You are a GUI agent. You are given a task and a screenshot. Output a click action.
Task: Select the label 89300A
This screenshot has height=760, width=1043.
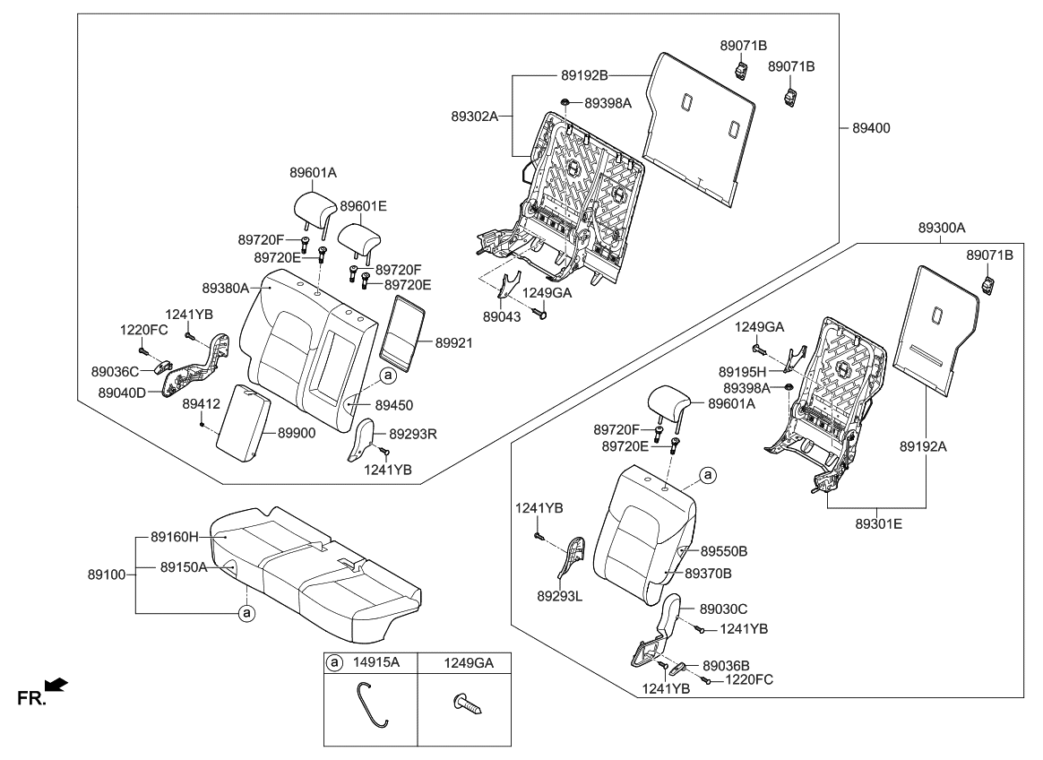click(x=942, y=229)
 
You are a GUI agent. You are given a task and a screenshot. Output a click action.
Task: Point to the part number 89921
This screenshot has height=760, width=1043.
click(x=455, y=343)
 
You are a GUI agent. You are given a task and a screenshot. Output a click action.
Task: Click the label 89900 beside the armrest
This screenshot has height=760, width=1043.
click(x=296, y=433)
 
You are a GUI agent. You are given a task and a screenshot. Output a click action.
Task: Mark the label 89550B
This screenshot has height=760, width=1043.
click(x=723, y=551)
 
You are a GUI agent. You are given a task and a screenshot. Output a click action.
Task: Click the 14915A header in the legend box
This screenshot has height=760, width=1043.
click(x=376, y=662)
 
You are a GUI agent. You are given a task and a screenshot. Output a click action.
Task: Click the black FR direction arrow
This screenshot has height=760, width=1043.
click(x=56, y=686)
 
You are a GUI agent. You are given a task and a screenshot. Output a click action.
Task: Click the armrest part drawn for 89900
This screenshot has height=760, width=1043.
click(x=244, y=421)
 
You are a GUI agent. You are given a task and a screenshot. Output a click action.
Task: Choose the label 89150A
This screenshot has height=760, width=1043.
click(x=184, y=566)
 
